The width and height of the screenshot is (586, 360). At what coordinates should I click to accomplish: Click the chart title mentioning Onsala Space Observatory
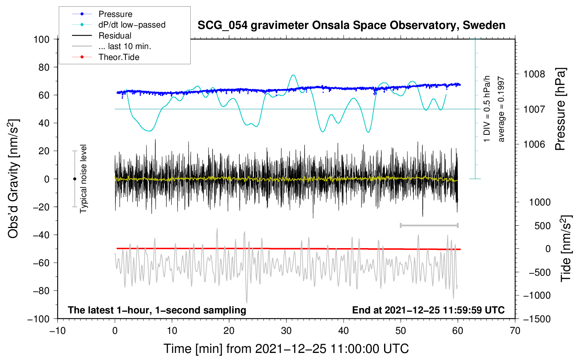[351, 25]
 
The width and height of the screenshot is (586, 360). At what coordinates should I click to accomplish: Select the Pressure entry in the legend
[115, 14]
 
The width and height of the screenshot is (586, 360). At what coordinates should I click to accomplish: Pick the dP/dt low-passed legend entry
[132, 25]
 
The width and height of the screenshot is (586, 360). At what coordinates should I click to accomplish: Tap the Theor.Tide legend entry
[119, 57]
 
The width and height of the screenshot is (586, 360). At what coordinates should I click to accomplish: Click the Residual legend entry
[115, 36]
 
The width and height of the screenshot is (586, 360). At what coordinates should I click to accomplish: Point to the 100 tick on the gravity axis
[41, 39]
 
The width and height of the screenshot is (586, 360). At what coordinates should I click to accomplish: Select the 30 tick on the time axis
[286, 331]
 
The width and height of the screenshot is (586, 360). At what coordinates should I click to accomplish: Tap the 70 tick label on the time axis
[515, 331]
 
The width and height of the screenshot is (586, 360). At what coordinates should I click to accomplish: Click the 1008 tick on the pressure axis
[534, 74]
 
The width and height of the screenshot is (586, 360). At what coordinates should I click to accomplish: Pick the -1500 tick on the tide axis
[537, 319]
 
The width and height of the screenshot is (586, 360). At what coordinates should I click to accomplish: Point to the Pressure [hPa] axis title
[561, 109]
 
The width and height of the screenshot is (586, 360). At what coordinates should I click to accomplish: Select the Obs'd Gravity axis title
[13, 179]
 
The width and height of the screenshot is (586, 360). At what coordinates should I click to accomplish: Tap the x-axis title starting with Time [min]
[286, 349]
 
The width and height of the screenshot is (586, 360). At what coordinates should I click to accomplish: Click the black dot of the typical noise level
[74, 179]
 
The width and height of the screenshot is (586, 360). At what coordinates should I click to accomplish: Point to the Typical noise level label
[83, 179]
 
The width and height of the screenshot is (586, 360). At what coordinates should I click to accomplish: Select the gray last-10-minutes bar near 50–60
[429, 225]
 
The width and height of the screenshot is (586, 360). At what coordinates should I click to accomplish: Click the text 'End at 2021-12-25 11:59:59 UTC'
[428, 310]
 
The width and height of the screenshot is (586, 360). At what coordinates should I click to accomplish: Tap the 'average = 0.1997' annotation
[501, 109]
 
